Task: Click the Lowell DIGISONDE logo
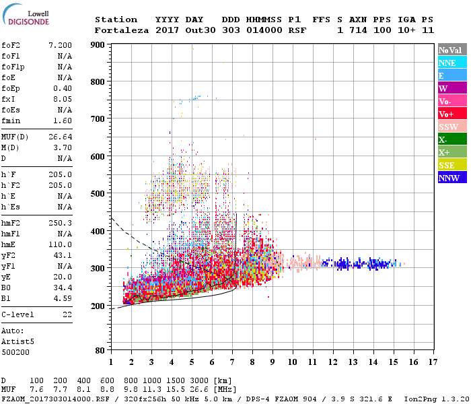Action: pyautogui.click(x=24, y=18)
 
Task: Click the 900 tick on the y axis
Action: pyautogui.click(x=98, y=45)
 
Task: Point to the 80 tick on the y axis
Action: pyautogui.click(x=100, y=351)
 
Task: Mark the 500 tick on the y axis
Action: pyautogui.click(x=98, y=194)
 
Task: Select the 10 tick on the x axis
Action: pyautogui.click(x=293, y=362)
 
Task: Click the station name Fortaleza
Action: pyautogui.click(x=121, y=30)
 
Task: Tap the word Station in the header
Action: pyautogui.click(x=116, y=20)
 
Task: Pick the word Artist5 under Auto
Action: pyautogui.click(x=17, y=341)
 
